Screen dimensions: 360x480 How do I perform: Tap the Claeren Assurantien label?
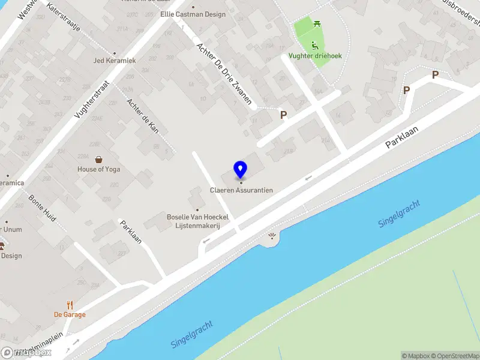pos(241,190)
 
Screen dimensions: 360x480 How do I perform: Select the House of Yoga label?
pos(98,169)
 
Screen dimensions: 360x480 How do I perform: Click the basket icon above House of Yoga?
pos(98,160)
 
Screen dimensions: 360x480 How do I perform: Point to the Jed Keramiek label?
pos(115,61)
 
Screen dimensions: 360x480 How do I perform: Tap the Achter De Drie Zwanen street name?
pos(224,74)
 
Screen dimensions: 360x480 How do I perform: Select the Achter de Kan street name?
pos(142,116)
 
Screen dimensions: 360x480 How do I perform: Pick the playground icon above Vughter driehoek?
pos(315,45)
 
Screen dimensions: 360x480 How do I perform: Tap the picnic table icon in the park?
pos(317,24)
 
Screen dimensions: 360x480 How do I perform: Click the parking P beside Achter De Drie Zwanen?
pos(283,115)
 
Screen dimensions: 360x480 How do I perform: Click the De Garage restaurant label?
pos(70,314)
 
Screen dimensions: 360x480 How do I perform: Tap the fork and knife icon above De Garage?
pos(70,305)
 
